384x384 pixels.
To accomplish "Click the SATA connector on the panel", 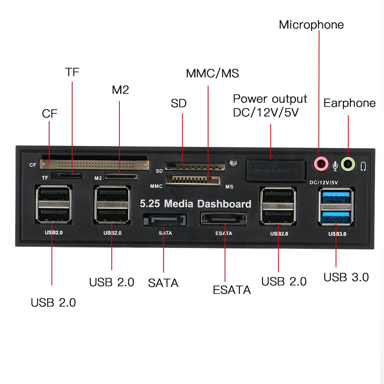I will tap(164, 221).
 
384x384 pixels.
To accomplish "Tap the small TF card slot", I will tap(68, 176).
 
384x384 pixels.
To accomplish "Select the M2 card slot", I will tap(121, 177).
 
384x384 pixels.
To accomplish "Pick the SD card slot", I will tap(194, 167).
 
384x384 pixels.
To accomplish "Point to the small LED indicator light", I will tap(232, 163).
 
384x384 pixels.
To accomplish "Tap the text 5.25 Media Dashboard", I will tap(195, 204).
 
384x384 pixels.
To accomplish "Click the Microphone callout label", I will tap(311, 25).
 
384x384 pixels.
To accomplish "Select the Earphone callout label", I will tap(349, 103).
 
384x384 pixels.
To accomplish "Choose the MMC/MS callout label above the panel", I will tap(212, 73).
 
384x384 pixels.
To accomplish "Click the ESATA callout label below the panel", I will tap(232, 290).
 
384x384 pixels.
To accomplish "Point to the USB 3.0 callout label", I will tap(346, 277).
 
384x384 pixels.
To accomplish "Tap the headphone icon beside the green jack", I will tap(363, 166).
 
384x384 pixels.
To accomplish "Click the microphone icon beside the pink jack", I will tap(335, 166).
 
